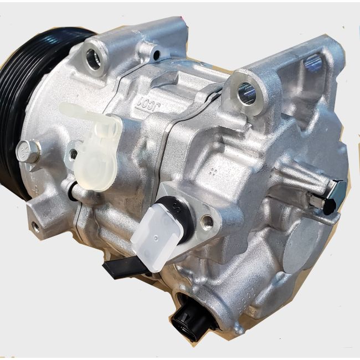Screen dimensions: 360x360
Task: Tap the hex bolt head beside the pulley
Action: pyautogui.click(x=28, y=151)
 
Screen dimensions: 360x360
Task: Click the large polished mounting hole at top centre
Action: pyautogui.click(x=246, y=94)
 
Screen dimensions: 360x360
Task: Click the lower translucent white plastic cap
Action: pyautogui.click(x=158, y=235)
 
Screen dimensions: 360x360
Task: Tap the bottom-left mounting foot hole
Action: pyautogui.click(x=35, y=226)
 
